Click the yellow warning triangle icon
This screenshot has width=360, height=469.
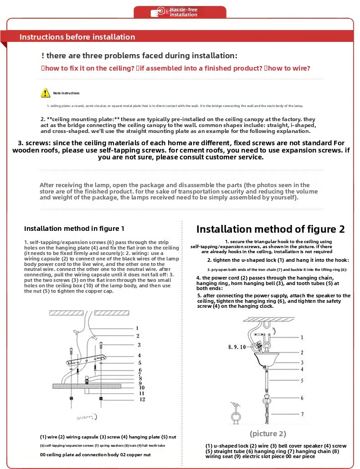[46, 93]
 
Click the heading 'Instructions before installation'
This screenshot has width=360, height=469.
[77, 37]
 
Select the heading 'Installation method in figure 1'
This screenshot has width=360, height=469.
[74, 229]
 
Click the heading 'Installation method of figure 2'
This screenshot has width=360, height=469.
[270, 229]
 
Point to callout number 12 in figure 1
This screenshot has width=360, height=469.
[142, 399]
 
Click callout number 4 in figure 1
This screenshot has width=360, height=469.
[139, 355]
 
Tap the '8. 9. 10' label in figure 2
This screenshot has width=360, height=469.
[237, 347]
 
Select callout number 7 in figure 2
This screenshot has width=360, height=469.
[302, 414]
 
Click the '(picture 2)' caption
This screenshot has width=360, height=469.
[268, 433]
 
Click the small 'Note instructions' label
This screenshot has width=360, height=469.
[66, 93]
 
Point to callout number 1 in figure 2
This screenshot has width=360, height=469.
[302, 337]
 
